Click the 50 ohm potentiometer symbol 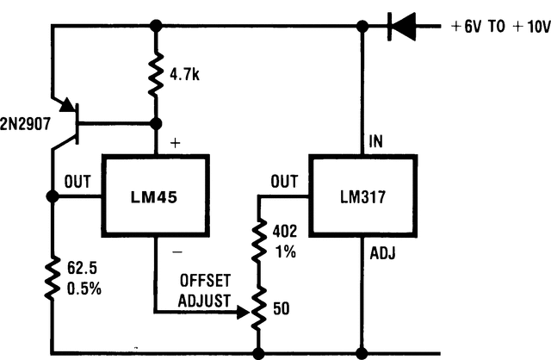[x=258, y=307]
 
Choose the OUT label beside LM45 [x=78, y=182]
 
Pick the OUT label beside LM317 [x=283, y=182]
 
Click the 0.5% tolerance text [x=84, y=289]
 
